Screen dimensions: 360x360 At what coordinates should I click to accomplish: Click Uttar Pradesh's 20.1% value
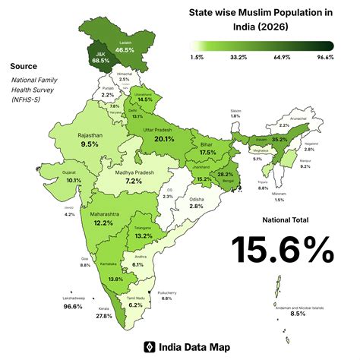click(164, 139)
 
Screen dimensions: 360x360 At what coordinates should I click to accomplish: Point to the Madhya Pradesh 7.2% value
click(134, 182)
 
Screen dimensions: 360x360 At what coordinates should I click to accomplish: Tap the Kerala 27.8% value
click(104, 315)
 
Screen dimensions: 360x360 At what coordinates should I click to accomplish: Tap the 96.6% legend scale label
click(325, 57)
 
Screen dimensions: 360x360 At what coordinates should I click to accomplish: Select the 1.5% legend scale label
click(198, 57)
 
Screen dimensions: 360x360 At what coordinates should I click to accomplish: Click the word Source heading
click(22, 67)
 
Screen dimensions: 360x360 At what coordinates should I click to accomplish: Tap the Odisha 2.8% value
click(197, 206)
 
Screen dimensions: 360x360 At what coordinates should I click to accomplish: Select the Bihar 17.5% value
click(208, 153)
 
